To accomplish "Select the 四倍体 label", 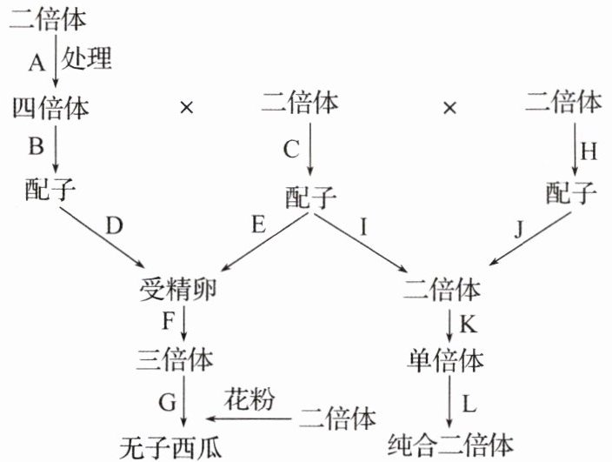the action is (x=50, y=107).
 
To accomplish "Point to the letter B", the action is (x=36, y=146).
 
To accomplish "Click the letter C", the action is (x=291, y=148).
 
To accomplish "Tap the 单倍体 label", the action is (x=445, y=359).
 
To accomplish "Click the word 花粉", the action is (x=249, y=400).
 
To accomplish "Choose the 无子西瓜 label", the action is (x=170, y=447).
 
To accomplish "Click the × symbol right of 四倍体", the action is (x=185, y=108).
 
